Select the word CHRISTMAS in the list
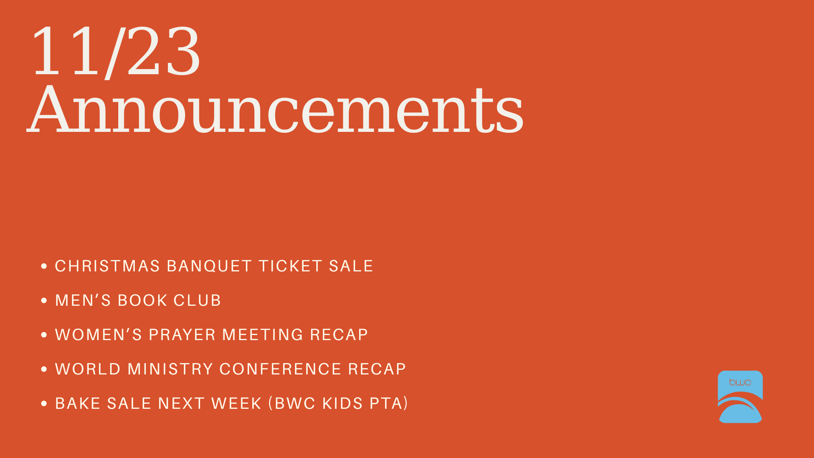point(108,266)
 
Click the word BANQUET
point(209,266)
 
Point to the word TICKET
point(290,266)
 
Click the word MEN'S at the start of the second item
point(83,300)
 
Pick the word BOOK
point(142,300)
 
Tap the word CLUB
point(197,300)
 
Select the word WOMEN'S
point(99,335)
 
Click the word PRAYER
point(182,335)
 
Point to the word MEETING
point(263,335)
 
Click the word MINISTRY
point(170,369)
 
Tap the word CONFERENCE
point(281,369)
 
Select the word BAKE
point(78,403)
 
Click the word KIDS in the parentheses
point(343,403)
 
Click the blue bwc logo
point(740,397)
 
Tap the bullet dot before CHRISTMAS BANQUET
point(44,266)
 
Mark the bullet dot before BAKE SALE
point(44,404)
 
